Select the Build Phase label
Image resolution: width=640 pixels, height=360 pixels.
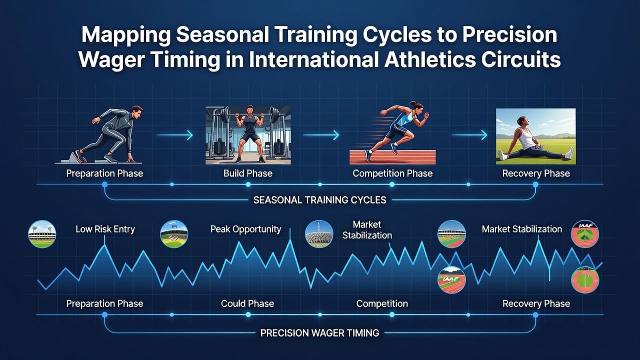[247, 173]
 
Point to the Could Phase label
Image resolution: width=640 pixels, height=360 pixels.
[247, 303]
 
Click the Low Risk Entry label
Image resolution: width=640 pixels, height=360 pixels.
[105, 229]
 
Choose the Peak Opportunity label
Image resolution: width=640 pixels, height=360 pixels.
[245, 229]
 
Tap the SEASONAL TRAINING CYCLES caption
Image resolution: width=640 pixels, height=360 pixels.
[319, 200]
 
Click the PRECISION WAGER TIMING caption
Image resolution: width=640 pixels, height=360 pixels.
[319, 333]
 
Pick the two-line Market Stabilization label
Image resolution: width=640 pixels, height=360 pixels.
[367, 229]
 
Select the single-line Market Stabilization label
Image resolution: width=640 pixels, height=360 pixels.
[521, 229]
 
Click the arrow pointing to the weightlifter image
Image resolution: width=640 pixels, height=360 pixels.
[174, 135]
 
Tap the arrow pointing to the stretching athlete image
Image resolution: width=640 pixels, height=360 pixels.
[469, 135]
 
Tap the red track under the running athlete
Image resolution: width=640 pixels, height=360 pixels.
[392, 157]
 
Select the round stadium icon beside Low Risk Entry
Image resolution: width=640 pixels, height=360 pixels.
[42, 234]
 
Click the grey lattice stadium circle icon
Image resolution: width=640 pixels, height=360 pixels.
[319, 234]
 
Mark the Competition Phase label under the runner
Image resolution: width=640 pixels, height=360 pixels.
[392, 173]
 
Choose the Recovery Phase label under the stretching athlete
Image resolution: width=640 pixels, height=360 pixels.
[536, 173]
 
